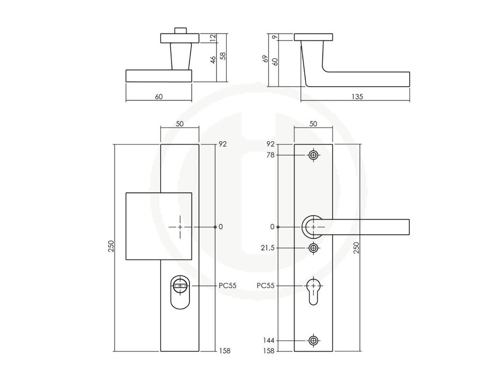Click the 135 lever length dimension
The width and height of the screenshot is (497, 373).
[357, 97]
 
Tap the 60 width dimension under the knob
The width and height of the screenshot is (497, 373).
[159, 97]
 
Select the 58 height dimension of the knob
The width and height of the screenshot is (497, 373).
[224, 56]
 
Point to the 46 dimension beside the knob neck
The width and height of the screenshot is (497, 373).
[213, 60]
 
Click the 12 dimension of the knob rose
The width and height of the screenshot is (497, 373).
[213, 38]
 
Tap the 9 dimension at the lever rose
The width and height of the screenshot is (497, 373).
[275, 37]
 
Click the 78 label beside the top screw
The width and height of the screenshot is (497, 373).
[270, 155]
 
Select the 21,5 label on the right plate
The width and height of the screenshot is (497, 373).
[267, 248]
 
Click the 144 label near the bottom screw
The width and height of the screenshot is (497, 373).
[268, 341]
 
